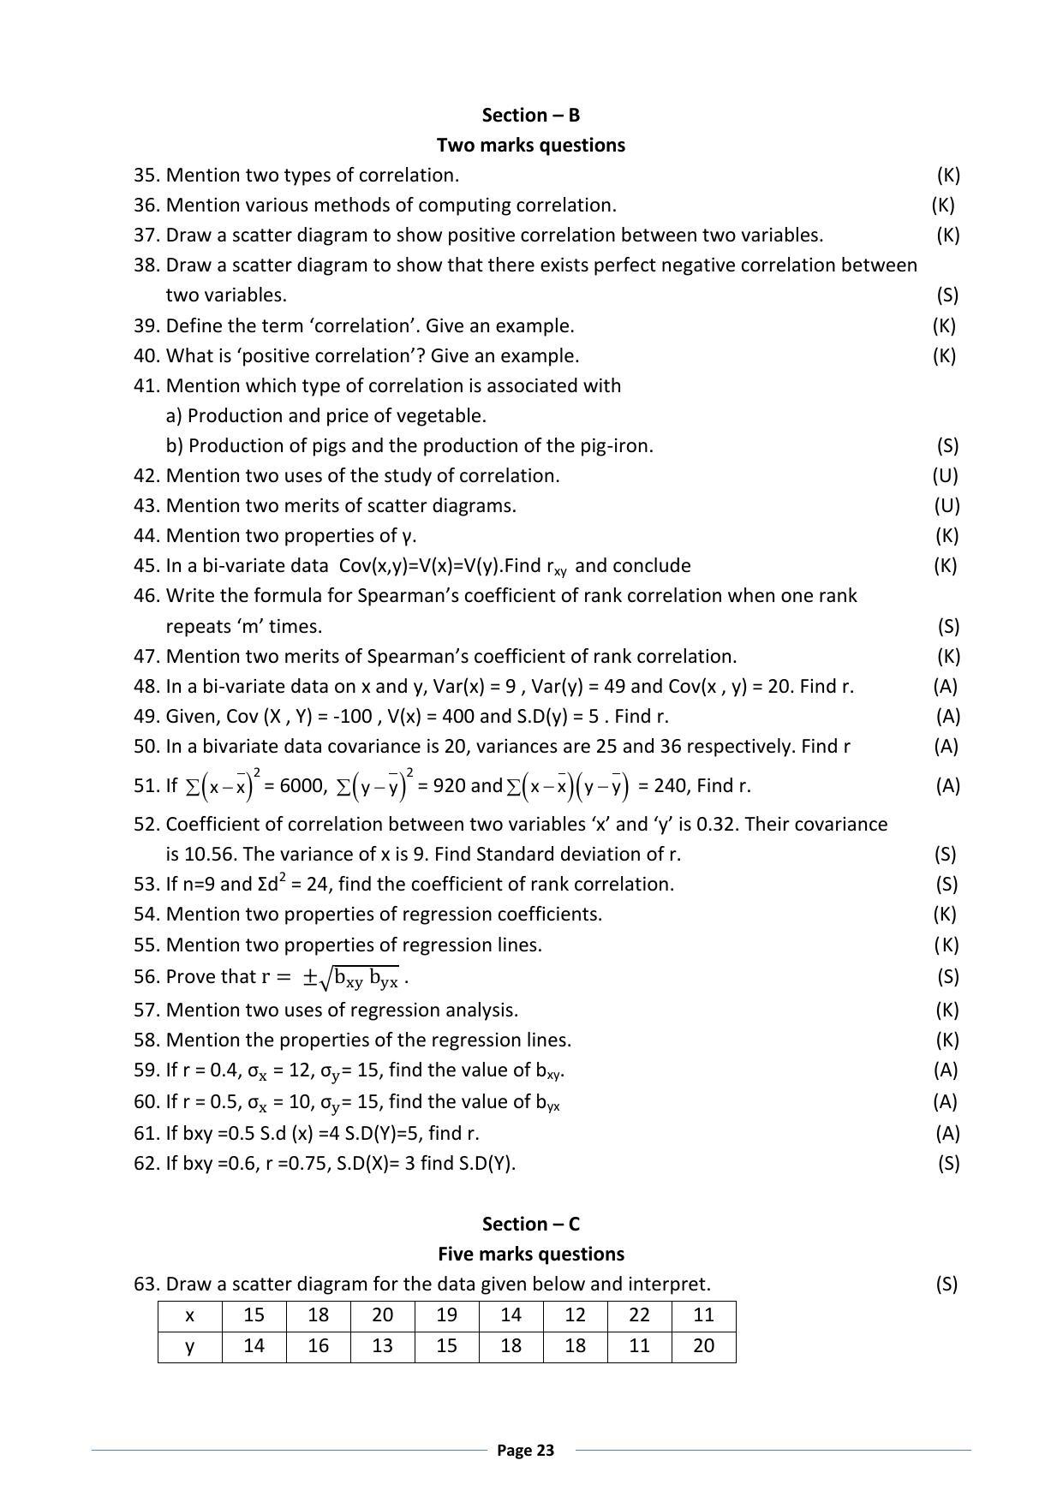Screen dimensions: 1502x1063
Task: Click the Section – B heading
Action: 530,115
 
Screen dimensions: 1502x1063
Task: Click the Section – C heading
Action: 530,1224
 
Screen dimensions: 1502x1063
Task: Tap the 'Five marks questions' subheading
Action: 530,1254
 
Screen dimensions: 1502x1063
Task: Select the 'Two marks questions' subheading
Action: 530,145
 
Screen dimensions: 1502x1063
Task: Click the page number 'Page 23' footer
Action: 526,1450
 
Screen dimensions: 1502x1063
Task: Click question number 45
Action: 146,565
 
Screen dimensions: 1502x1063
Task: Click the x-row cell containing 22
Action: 639,1315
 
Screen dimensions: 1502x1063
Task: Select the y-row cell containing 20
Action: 703,1345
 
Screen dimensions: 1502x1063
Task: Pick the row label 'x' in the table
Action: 189,1315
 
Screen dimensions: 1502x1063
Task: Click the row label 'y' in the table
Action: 189,1345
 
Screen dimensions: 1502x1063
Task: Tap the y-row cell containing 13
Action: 382,1345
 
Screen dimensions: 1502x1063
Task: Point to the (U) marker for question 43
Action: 947,505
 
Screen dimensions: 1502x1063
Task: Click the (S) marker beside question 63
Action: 947,1284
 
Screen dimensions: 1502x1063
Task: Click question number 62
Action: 146,1163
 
